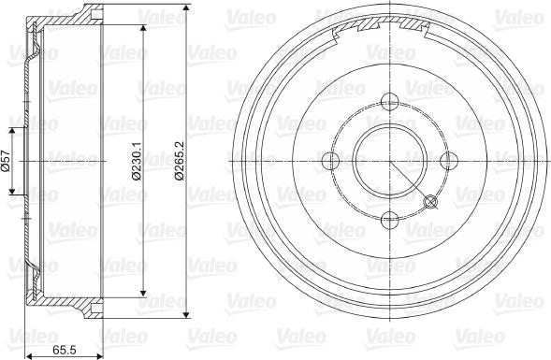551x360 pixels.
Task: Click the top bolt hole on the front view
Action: [390, 102]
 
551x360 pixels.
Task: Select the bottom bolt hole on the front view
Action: [390, 220]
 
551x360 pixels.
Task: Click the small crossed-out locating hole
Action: [431, 202]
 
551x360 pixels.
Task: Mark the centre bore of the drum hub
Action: [390, 161]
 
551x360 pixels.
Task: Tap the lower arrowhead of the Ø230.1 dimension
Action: [143, 290]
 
